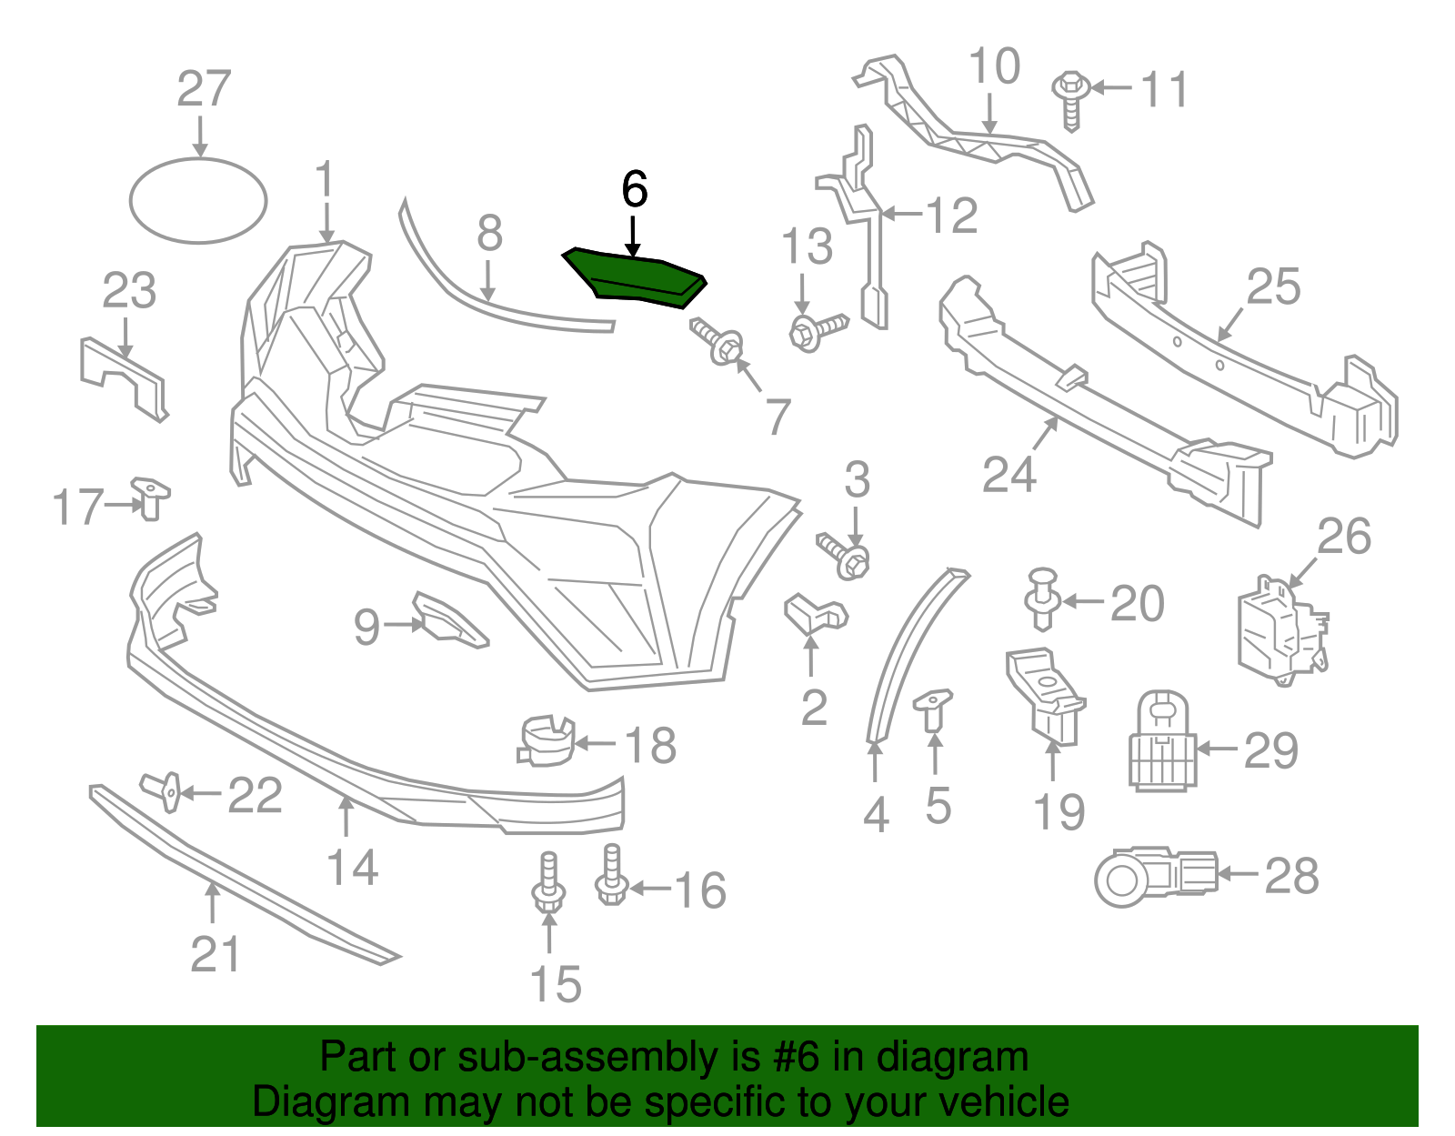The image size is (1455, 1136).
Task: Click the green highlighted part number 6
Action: pos(635,276)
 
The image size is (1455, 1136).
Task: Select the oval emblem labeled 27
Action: pos(198,201)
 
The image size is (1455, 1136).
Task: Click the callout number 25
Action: pos(1273,287)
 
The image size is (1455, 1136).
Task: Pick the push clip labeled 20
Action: pos(1043,598)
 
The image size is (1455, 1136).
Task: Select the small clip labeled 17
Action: pos(150,498)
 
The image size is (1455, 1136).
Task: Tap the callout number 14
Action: pos(352,868)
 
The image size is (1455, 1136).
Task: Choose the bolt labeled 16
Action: pos(611,875)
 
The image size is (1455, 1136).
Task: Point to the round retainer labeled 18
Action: pos(547,740)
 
